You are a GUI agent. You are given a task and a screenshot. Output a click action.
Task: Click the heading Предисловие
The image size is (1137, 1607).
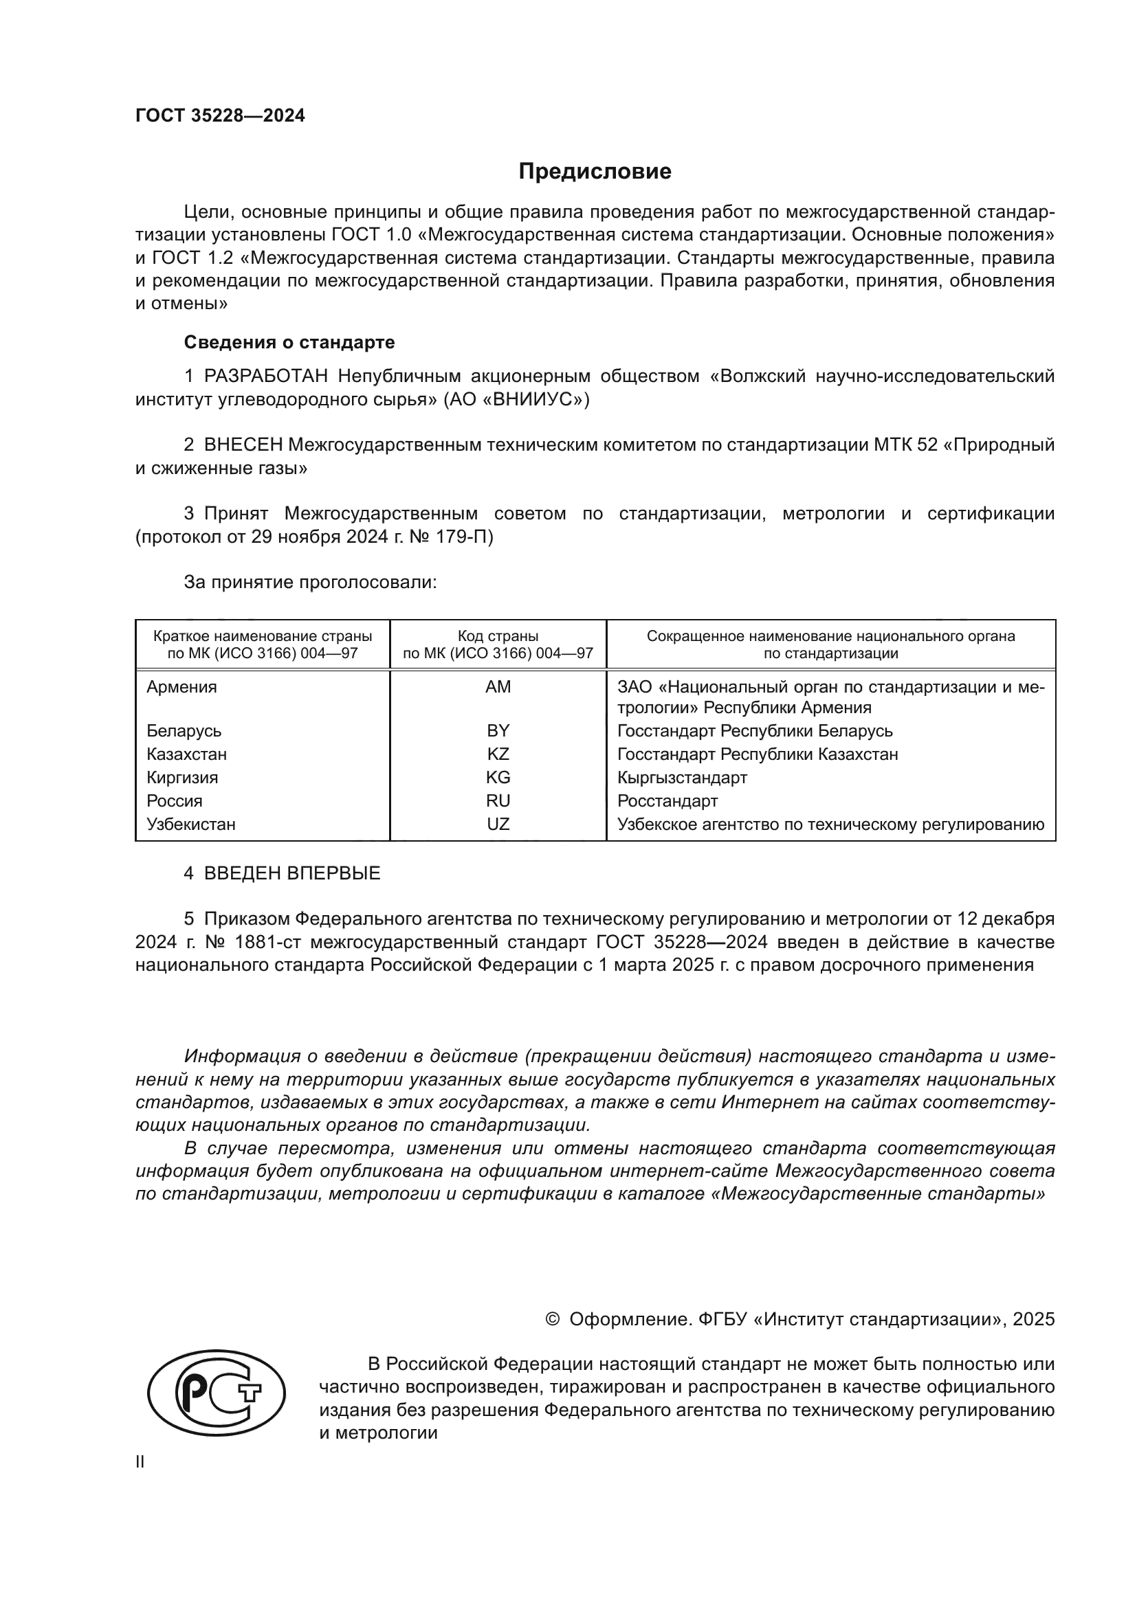click(595, 172)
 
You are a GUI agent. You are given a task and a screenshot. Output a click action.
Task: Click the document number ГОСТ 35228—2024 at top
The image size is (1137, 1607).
click(220, 116)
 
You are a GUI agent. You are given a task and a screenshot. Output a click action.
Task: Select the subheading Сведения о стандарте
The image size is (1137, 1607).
click(289, 342)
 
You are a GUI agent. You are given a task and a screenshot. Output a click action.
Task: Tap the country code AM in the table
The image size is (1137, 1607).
click(498, 687)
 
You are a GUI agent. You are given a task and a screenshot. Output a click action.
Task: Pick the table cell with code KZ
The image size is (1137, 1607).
click(498, 754)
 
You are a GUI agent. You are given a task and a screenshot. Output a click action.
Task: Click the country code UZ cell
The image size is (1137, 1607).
click(498, 824)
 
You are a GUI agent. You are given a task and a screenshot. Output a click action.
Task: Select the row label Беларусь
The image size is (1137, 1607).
click(184, 732)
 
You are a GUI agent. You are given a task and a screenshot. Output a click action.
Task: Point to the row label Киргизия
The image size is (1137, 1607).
click(182, 778)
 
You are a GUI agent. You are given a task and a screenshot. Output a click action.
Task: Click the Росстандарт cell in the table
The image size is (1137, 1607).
click(667, 800)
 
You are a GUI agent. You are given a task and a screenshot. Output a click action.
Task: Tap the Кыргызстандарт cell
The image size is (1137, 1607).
click(682, 778)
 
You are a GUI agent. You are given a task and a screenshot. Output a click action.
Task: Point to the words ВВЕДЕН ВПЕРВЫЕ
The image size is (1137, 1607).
click(292, 873)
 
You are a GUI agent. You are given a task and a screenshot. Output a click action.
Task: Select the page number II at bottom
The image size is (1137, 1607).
click(140, 1462)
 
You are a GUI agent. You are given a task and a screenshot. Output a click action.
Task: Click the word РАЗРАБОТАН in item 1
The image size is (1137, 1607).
click(266, 377)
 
